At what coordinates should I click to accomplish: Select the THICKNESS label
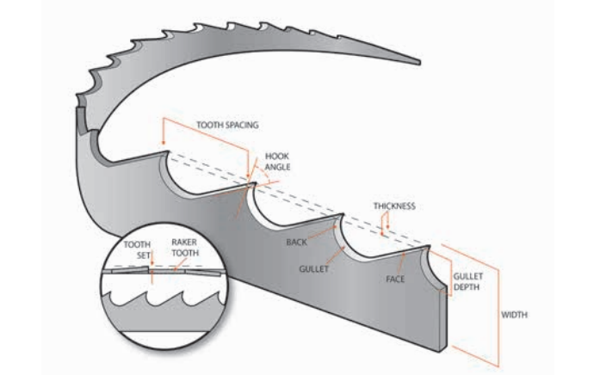click(x=394, y=206)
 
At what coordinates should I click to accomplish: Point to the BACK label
click(x=296, y=243)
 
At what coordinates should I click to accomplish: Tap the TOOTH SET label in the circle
click(x=137, y=249)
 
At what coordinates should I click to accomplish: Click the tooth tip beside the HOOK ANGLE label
click(x=251, y=181)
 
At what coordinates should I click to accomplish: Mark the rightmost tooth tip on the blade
click(x=428, y=249)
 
